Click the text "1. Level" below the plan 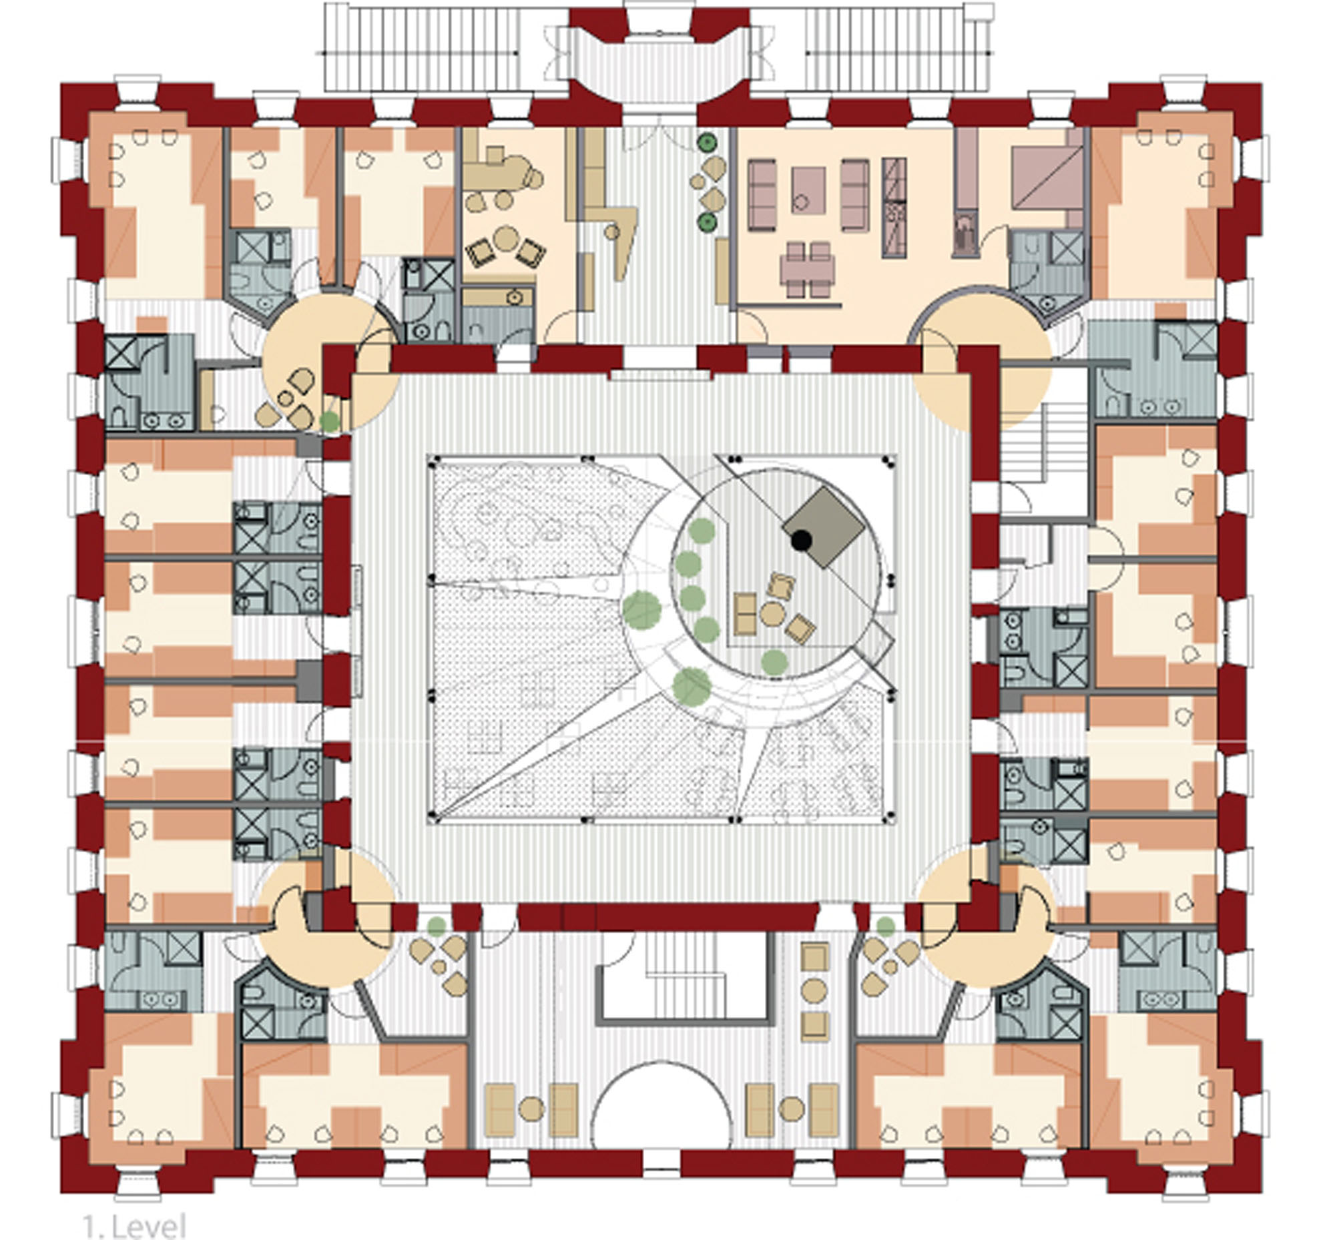pos(134,1225)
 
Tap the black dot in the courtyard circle pos(801,539)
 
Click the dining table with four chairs pos(808,269)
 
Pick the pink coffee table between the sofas pos(808,191)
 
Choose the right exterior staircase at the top pos(898,47)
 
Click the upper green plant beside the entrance pos(706,142)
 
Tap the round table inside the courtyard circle pos(772,613)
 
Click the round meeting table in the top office pos(506,239)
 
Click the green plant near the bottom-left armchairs pos(437,926)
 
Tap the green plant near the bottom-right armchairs pos(885,926)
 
